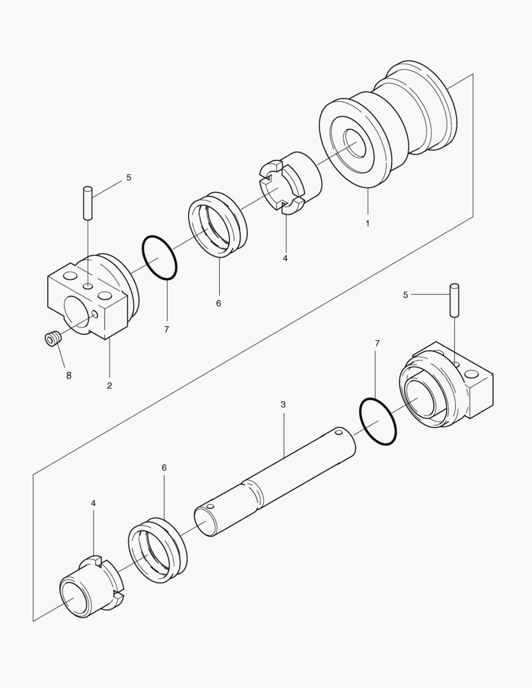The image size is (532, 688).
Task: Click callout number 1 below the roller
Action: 368,224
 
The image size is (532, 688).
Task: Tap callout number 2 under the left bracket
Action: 110,385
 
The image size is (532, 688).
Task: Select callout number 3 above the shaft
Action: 283,405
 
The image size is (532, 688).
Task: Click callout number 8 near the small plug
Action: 68,375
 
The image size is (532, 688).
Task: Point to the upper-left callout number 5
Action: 129,178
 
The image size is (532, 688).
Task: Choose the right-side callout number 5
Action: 405,294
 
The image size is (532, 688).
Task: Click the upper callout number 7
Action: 166,329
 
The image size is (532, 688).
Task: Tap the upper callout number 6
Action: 218,303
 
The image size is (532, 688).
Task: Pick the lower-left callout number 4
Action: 93,503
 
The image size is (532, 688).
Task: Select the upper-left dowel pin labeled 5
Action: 88,201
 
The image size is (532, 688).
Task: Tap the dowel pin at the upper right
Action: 454,299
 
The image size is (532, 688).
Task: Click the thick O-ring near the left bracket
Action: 159,258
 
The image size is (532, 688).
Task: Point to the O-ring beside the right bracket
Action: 378,422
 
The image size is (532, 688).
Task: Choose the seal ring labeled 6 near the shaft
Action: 157,550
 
